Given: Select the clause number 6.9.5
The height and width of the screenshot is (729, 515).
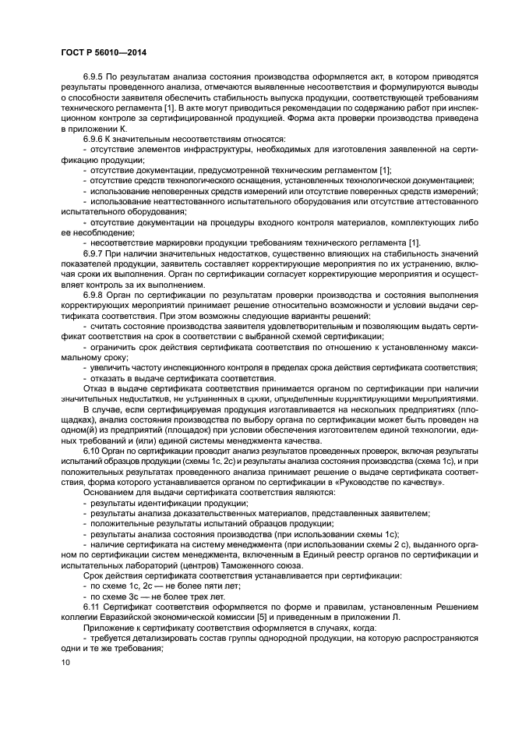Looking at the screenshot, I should pyautogui.click(x=93, y=78).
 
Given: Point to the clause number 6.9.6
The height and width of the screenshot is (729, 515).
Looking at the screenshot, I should pyautogui.click(x=93, y=139).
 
